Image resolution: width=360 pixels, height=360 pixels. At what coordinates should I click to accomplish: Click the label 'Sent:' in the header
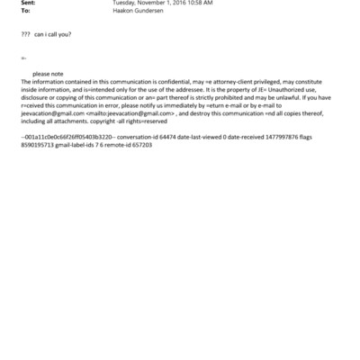(26, 4)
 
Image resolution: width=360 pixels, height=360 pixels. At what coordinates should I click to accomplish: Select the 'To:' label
(24, 12)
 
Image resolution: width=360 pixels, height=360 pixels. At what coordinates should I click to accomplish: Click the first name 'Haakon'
(122, 12)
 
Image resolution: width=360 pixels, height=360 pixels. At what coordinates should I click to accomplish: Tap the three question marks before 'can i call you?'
(24, 33)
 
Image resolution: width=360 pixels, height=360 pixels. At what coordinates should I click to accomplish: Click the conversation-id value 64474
(151, 137)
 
